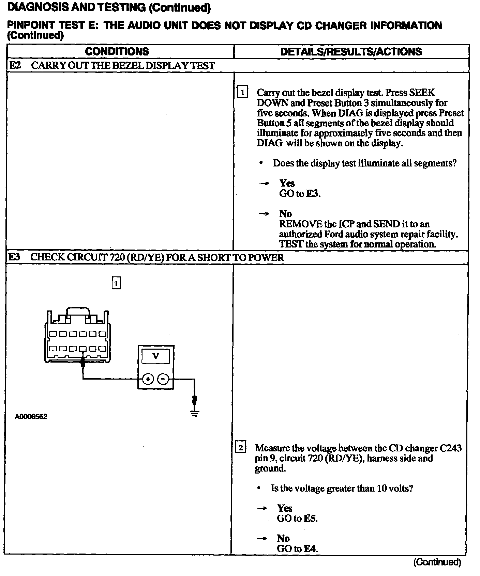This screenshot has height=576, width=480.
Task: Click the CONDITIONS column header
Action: pos(117,51)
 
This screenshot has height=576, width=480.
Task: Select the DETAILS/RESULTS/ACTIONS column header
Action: pos(351,51)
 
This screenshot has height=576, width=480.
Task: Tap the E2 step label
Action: pos(15,65)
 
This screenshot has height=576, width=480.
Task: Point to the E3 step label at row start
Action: pos(14,257)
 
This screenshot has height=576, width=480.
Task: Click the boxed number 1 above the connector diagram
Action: pos(116,283)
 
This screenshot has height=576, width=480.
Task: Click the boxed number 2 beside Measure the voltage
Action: pos(241,447)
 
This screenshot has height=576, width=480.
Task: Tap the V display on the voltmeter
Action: pos(156,356)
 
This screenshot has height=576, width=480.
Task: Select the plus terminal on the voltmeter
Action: pos(148,379)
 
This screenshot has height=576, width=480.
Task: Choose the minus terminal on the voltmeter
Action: pos(164,379)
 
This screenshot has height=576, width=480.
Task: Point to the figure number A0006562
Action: pos(31,417)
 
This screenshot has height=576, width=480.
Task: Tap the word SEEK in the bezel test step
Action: pos(422,93)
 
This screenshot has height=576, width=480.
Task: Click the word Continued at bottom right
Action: pos(437,562)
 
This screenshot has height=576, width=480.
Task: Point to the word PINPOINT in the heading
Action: pos(29,26)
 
